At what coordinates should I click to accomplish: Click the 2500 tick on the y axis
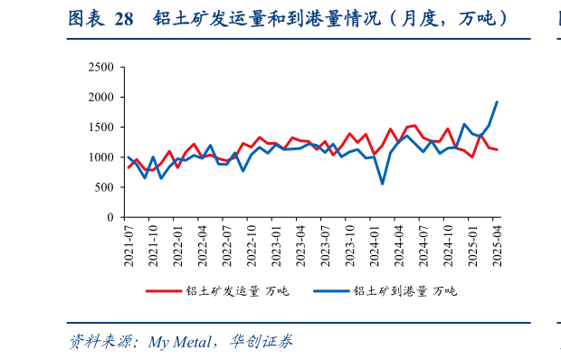[x=100, y=67]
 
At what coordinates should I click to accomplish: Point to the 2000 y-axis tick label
[x=100, y=97]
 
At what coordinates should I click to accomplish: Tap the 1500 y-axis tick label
[x=100, y=127]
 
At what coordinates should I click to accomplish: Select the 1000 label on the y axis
[x=100, y=157]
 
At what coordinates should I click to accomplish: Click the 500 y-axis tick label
[x=104, y=187]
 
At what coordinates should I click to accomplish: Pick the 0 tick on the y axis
[x=109, y=217]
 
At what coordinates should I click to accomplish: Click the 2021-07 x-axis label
[x=129, y=243]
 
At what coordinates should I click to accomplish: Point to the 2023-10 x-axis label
[x=349, y=243]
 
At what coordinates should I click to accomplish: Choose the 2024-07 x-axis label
[x=423, y=243]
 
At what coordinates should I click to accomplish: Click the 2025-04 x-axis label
[x=496, y=243]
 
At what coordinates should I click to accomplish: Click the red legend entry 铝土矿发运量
[x=223, y=291]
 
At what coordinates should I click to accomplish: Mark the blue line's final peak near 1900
[x=497, y=102]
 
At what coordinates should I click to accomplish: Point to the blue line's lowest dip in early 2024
[x=383, y=184]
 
